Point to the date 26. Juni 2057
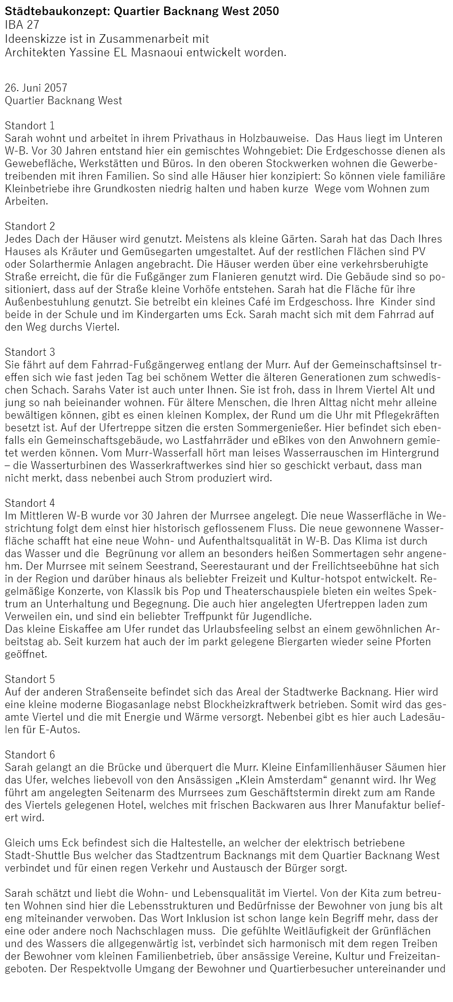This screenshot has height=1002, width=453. coord(36,88)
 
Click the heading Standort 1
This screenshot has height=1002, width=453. coord(30,125)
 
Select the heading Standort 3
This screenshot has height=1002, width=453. coord(30,352)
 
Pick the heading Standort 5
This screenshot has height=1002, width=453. coord(30,679)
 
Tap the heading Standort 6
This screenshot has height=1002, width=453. coord(30,754)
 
